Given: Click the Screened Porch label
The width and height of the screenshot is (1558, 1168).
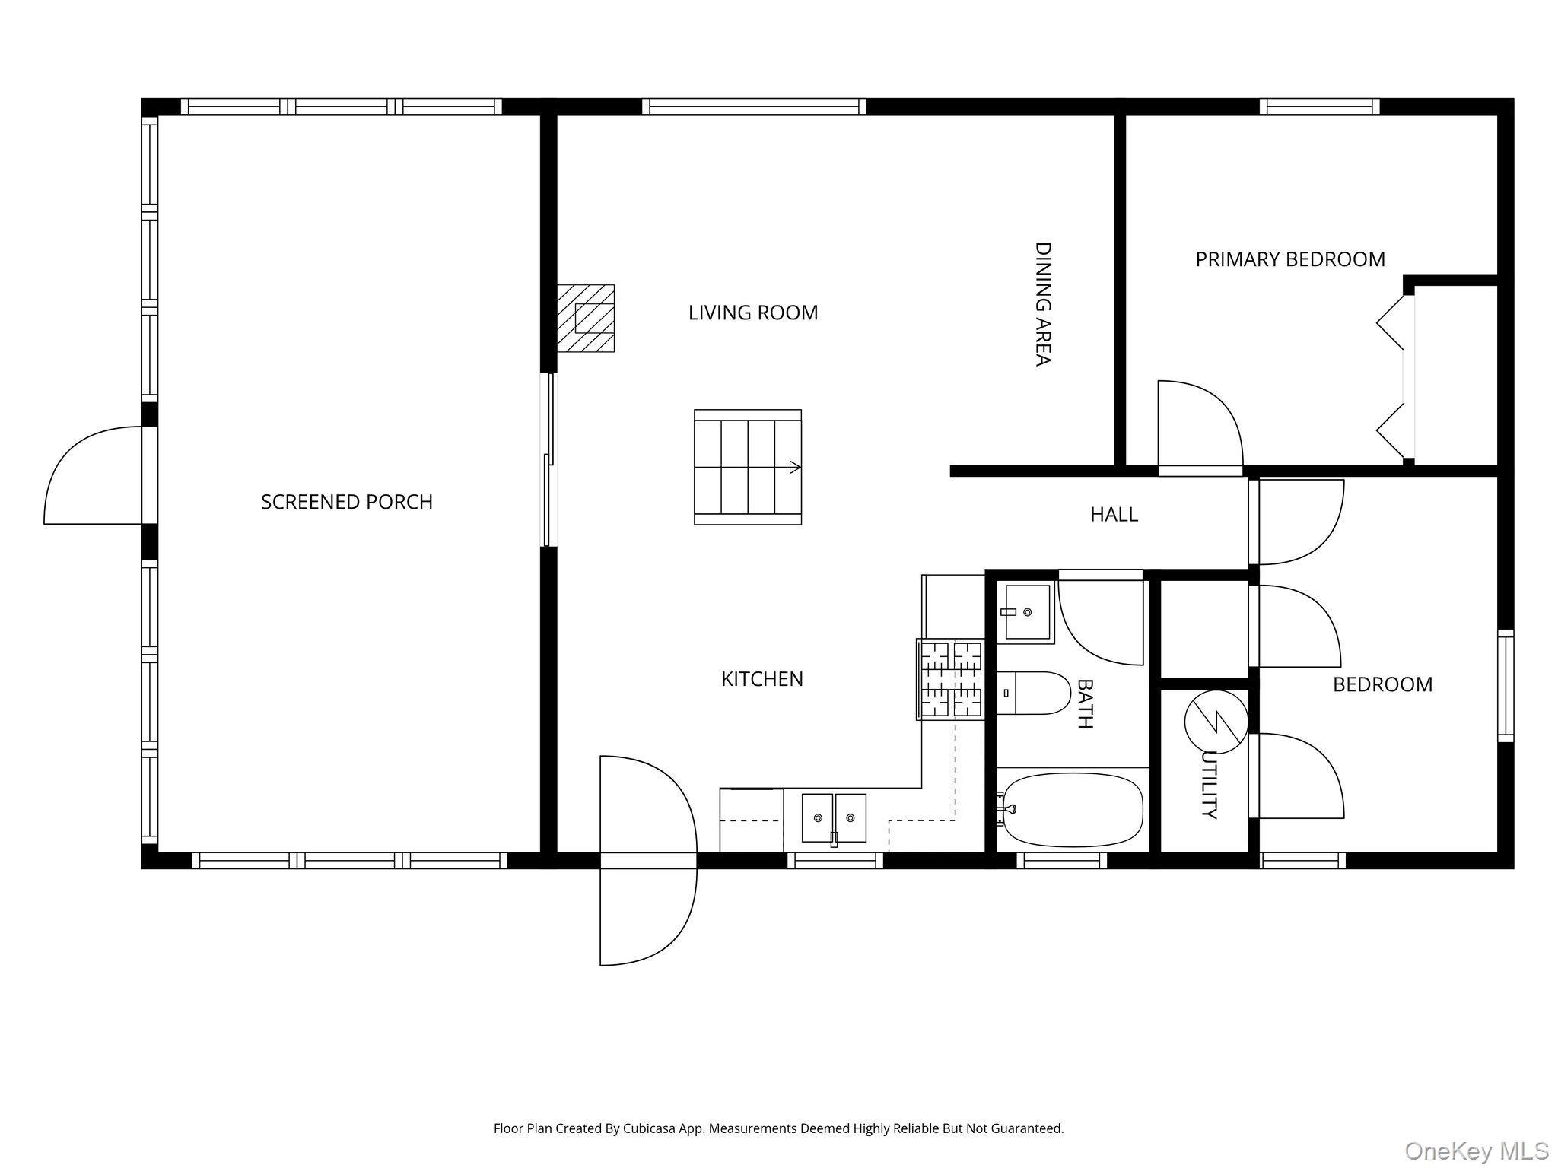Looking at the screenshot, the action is click(x=347, y=502).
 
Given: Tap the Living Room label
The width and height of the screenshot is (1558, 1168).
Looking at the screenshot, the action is click(x=753, y=313).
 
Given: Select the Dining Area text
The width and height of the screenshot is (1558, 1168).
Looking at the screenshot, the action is click(x=1042, y=304).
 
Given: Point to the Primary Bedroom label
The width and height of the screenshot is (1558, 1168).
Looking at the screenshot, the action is click(x=1290, y=259).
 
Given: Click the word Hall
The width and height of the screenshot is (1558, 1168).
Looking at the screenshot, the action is click(x=1114, y=515).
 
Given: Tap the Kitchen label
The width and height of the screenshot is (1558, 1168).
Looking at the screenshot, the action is click(x=762, y=679).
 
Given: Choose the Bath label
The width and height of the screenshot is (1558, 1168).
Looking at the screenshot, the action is click(x=1084, y=703).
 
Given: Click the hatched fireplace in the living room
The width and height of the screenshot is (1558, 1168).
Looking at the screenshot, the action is click(x=586, y=319).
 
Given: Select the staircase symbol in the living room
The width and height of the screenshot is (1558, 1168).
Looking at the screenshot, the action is click(x=748, y=467).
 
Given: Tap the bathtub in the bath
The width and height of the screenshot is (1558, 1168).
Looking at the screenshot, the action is click(x=1070, y=811).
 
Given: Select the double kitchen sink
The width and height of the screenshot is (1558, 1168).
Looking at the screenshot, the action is click(x=834, y=819).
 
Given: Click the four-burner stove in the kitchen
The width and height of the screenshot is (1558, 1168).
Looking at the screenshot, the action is click(x=950, y=679).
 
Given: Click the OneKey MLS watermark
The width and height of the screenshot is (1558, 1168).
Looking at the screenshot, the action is click(x=1477, y=1151).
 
